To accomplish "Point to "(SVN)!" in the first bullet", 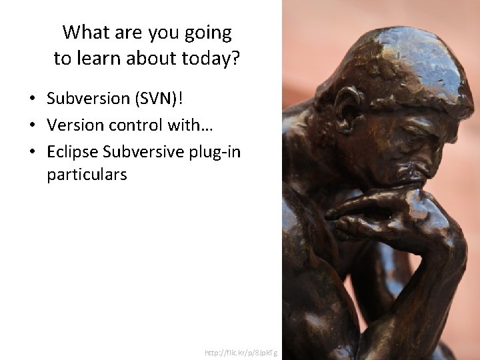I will (159, 99).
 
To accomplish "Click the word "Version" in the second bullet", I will (72, 125).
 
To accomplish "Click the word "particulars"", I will (87, 175).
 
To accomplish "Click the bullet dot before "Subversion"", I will (31, 99).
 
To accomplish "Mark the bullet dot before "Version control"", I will (31, 126).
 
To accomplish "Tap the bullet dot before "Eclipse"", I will (31, 153).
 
